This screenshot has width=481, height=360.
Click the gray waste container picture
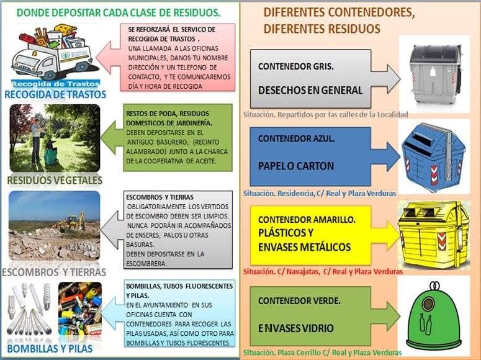435,74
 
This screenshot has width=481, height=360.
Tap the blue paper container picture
433,157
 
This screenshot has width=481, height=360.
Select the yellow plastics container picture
434,235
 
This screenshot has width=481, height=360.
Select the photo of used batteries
80,308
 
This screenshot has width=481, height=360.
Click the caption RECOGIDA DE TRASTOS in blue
55,94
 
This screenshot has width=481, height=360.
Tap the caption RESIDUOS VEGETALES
55,180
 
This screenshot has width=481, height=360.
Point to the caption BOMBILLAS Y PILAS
50,349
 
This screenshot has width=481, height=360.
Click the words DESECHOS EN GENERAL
310,90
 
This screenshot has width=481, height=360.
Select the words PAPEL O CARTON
296,166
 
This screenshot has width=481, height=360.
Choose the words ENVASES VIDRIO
295,328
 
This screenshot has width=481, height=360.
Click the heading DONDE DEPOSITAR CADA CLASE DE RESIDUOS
119,12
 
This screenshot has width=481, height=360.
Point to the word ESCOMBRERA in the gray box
146,264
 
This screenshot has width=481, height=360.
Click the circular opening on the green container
428,304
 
